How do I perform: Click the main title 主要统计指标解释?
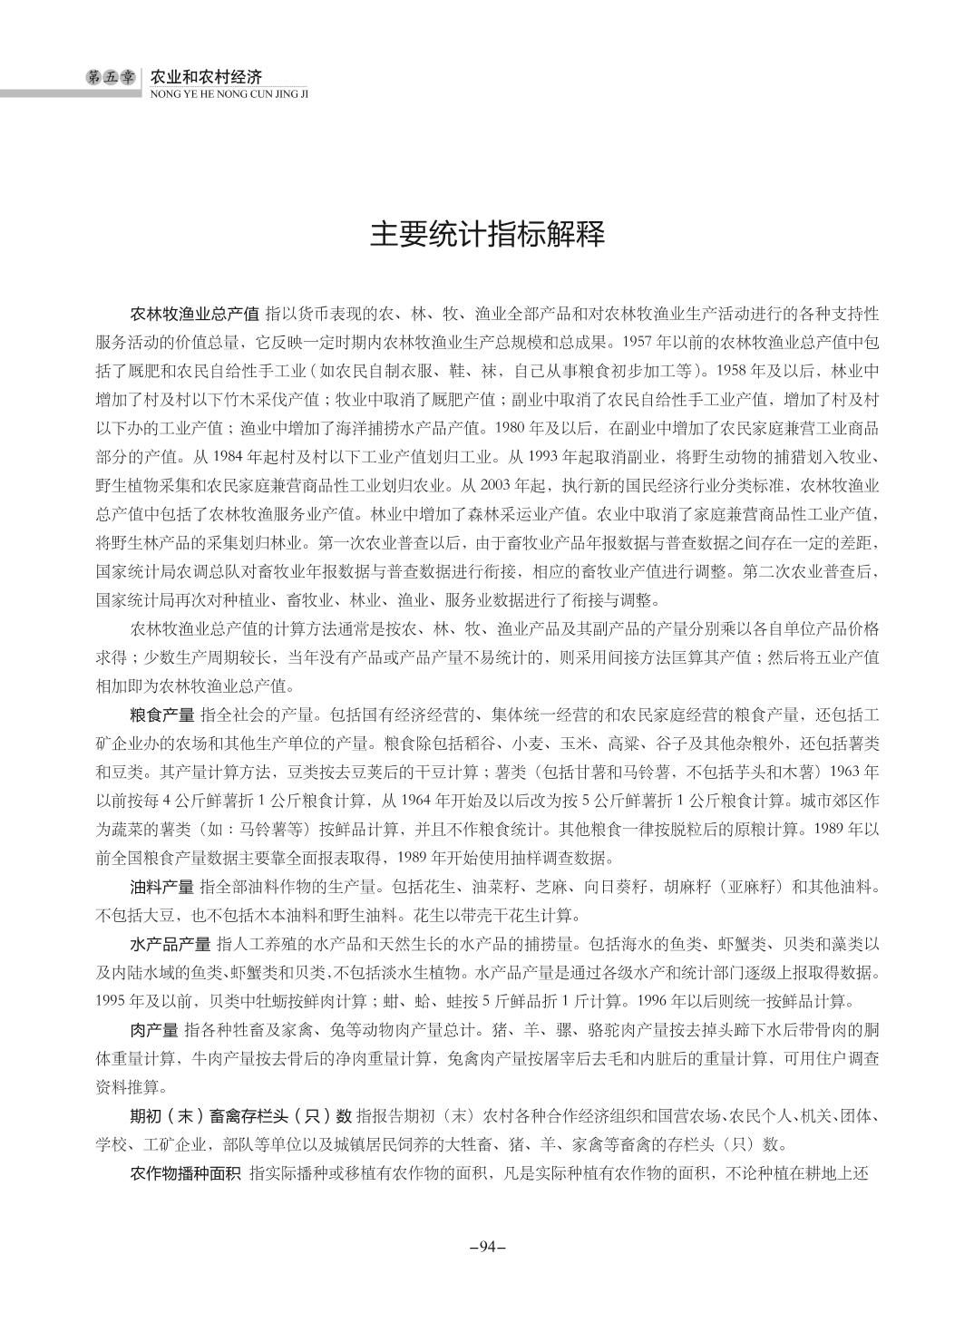point(486,235)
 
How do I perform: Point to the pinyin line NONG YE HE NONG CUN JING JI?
point(229,92)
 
